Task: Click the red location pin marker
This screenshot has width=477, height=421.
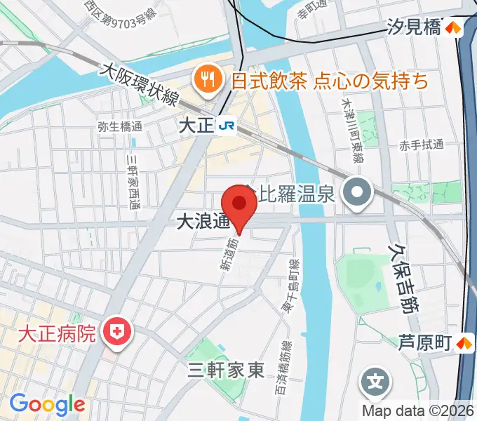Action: click(x=240, y=204)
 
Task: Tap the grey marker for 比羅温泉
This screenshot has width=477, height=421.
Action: click(x=358, y=192)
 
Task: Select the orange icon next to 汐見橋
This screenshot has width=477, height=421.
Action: click(x=455, y=28)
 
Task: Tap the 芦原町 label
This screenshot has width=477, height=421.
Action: click(x=424, y=343)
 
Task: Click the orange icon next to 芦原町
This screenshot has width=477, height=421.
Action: click(x=464, y=343)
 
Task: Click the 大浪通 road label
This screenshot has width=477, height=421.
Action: click(x=203, y=222)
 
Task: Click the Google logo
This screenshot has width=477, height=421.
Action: click(x=47, y=404)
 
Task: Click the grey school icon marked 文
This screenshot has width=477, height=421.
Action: click(x=376, y=382)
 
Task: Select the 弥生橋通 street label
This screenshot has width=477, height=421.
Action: click(x=120, y=127)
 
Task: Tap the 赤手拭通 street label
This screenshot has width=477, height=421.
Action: click(x=422, y=145)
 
